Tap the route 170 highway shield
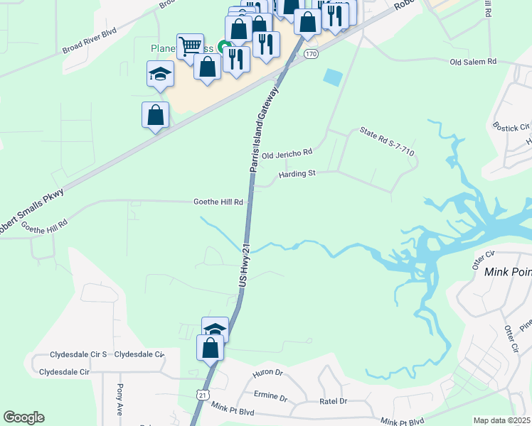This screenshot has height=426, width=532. [x=310, y=54]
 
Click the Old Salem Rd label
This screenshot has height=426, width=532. [x=473, y=62]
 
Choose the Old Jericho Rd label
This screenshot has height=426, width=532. [x=287, y=153]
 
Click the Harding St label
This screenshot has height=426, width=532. [x=297, y=173]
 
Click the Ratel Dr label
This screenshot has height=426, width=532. [x=333, y=401]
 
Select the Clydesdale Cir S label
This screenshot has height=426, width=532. [x=78, y=354]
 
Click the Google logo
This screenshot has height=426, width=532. [x=23, y=418]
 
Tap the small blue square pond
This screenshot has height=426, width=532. [x=332, y=77]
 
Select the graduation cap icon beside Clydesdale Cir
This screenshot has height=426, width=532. [x=215, y=329]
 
